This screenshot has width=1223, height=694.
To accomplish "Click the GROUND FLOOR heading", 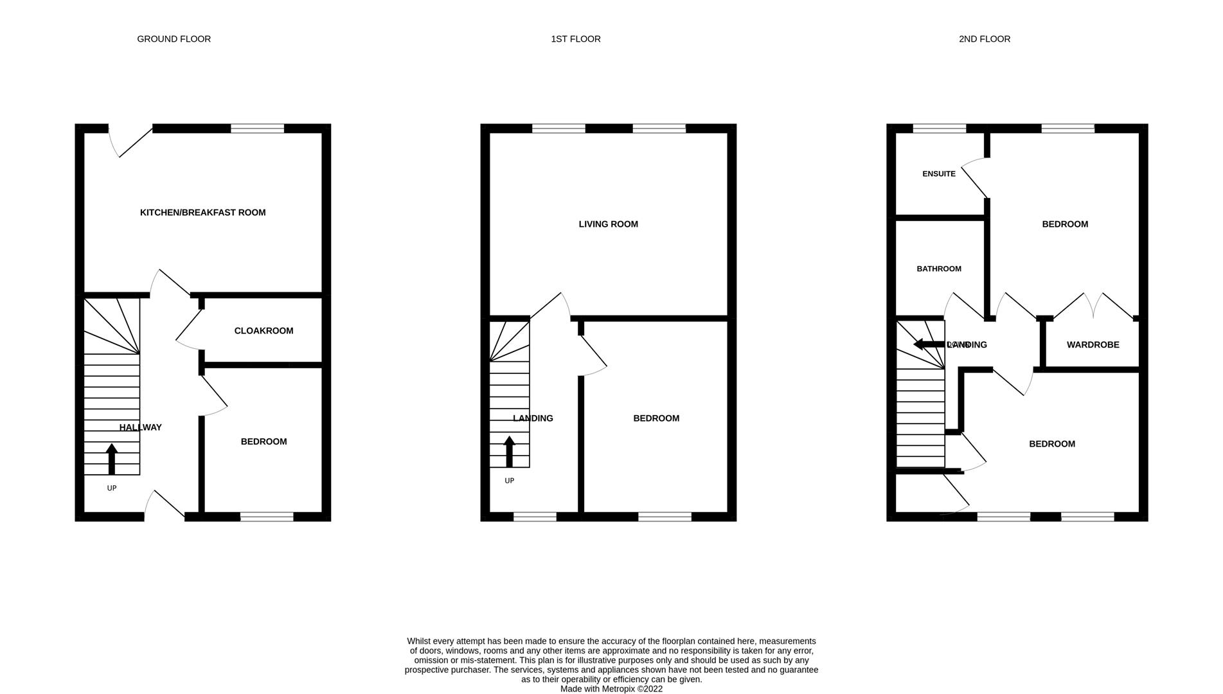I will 174,39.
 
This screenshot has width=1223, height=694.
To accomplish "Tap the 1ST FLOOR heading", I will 575,39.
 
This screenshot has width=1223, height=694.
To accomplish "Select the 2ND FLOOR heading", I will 984,39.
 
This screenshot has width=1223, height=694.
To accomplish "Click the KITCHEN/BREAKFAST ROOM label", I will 202,213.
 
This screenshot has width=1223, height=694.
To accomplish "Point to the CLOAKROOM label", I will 263,331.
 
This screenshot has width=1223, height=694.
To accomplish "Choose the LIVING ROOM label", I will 608,224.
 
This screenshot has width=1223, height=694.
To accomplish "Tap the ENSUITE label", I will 938,174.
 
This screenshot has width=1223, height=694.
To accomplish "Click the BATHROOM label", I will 938,269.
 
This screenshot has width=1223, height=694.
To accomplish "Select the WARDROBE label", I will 1093,345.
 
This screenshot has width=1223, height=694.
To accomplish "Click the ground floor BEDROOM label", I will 263,441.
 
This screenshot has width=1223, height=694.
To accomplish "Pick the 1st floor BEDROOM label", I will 656,418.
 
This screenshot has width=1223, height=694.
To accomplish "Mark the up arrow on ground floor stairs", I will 112,459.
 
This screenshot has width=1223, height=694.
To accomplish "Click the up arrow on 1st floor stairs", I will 509,451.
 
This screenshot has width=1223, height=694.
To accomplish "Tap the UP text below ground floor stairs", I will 112,488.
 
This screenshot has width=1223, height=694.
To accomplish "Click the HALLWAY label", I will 140,427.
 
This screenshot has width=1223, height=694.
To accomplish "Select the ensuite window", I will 939,129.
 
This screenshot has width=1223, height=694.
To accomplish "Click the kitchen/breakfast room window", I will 257,129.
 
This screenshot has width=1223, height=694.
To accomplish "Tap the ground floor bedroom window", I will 267,517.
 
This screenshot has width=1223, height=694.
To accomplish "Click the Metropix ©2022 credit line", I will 611,689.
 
